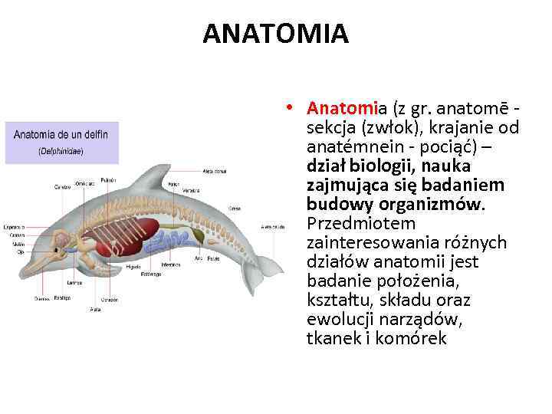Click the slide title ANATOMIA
tap(275, 34)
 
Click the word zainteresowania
tap(374, 242)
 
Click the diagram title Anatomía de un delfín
tap(61, 135)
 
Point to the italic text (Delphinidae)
tap(61, 151)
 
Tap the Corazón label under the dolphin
tap(108, 299)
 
